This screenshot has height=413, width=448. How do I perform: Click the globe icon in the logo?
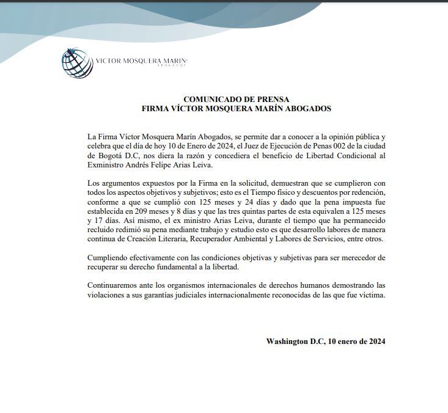pyautogui.click(x=77, y=62)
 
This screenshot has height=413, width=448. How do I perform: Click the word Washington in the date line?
pyautogui.click(x=287, y=342)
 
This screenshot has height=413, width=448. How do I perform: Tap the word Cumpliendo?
pyautogui.click(x=110, y=258)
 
